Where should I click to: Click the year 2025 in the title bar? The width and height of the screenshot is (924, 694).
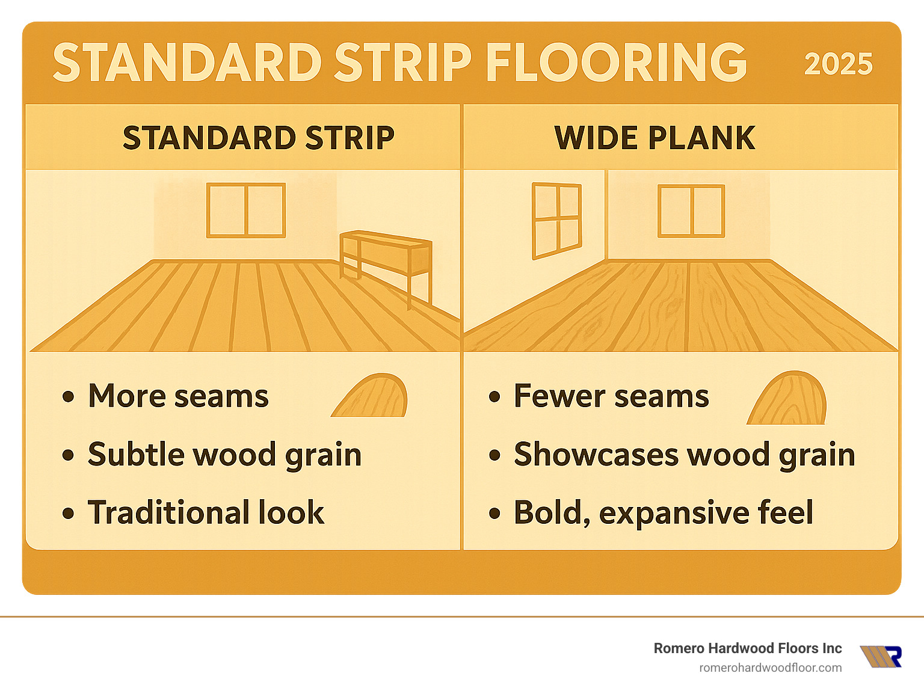(838, 64)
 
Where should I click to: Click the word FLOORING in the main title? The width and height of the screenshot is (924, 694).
(616, 63)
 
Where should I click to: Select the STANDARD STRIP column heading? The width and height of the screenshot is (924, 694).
(259, 138)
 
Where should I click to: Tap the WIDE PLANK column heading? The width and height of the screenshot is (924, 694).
(654, 138)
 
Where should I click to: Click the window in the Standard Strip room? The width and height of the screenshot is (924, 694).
(246, 210)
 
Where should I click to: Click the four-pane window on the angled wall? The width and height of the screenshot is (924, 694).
(556, 220)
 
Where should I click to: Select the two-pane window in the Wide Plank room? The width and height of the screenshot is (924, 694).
(691, 210)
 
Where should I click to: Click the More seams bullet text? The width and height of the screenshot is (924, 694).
(178, 396)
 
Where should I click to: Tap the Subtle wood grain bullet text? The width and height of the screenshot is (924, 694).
(224, 454)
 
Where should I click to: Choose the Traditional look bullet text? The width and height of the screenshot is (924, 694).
(206, 512)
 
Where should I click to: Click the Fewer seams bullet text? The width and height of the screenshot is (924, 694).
(611, 396)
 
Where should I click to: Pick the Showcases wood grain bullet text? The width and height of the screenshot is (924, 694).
(684, 454)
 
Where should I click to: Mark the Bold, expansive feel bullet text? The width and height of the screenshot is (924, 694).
(663, 512)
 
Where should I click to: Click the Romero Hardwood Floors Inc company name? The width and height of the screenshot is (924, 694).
(747, 648)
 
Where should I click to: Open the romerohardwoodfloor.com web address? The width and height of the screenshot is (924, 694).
(770, 668)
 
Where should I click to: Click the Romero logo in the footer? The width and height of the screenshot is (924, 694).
(881, 657)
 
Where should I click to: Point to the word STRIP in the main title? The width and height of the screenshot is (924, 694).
(403, 63)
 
